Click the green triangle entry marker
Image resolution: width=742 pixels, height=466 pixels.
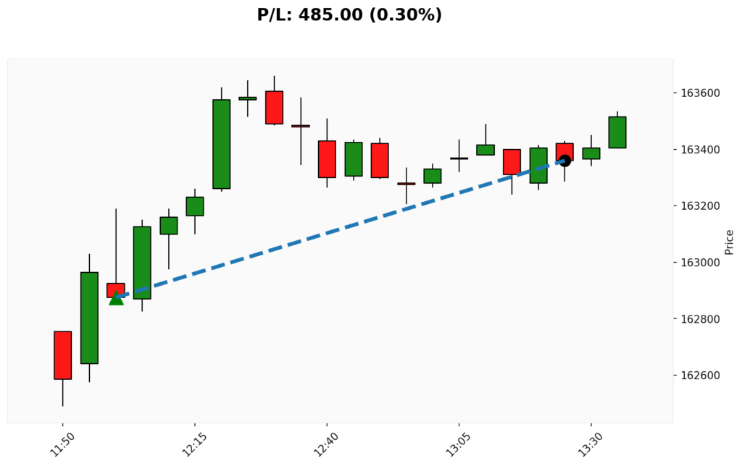coord(116,297)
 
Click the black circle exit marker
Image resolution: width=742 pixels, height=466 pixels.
coord(564,160)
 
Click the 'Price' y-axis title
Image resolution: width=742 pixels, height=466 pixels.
coord(729,242)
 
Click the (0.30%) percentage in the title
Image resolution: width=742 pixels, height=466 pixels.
coord(406,15)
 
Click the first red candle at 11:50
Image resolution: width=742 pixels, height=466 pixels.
coord(63,355)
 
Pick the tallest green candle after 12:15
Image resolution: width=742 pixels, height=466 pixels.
coord(221,144)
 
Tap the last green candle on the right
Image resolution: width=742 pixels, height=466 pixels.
coord(617,132)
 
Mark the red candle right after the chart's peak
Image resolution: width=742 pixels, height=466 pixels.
coord(274,107)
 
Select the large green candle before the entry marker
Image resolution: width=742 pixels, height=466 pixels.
coord(89,318)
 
